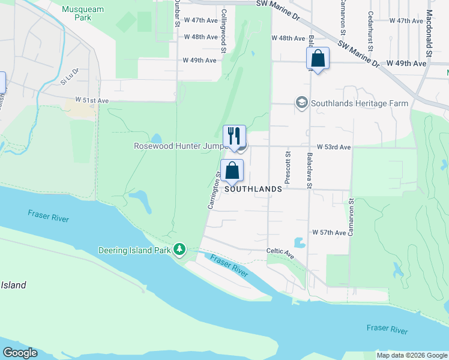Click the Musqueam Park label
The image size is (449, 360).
pyautogui.click(x=83, y=13)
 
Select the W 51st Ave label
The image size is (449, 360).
pyautogui.click(x=92, y=100)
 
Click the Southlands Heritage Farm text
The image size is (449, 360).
pyautogui.click(x=359, y=103)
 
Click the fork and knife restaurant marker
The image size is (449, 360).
pyautogui.click(x=234, y=136)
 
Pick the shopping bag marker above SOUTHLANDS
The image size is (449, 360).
pyautogui.click(x=232, y=171)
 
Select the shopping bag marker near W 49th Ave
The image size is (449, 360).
pyautogui.click(x=318, y=59)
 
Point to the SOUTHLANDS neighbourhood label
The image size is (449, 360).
pyautogui.click(x=253, y=189)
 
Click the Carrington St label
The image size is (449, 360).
pyautogui.click(x=213, y=190)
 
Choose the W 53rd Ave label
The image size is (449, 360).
pyautogui.click(x=334, y=147)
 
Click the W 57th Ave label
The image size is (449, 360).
pyautogui.click(x=329, y=232)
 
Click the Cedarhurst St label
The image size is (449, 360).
pyautogui.click(x=371, y=31)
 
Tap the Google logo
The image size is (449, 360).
pyautogui.click(x=20, y=353)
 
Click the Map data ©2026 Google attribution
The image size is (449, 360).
pyautogui.click(x=412, y=355)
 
